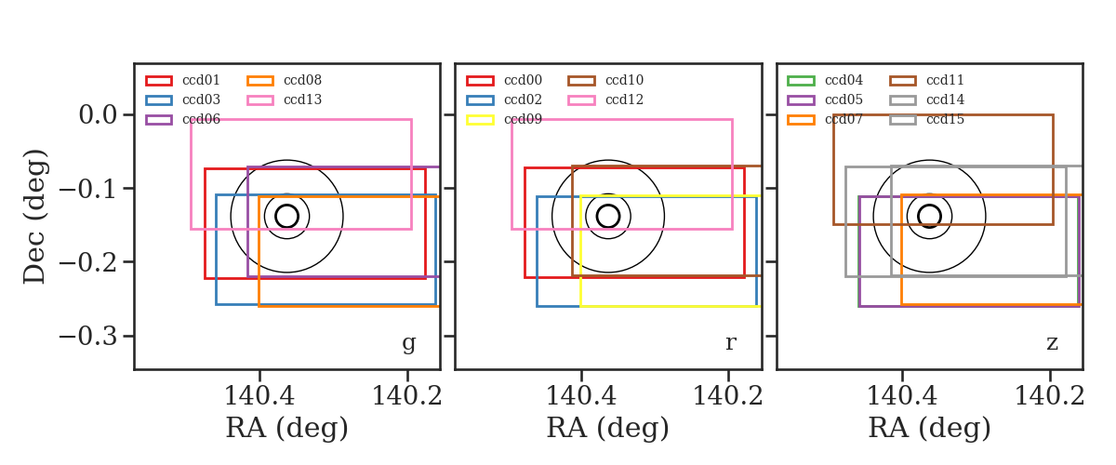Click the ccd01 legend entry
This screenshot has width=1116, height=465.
point(183,80)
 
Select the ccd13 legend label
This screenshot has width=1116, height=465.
point(302,100)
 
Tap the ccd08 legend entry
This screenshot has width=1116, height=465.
point(284,80)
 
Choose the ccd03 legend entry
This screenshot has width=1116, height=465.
point(183,100)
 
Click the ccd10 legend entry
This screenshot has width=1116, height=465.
point(605,80)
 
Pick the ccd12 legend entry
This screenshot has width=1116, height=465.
point(605,100)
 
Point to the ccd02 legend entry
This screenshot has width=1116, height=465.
point(504,100)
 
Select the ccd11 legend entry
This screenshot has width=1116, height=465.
point(926,80)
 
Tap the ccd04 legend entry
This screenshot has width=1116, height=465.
point(825,80)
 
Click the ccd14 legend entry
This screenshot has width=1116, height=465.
point(926,100)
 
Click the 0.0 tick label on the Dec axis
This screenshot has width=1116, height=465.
point(98,115)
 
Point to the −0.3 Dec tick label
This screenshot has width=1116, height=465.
point(87,337)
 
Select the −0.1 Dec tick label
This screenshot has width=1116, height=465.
point(87,189)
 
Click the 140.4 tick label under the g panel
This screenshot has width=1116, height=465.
point(259,396)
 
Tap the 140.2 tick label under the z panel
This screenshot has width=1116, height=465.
point(1050,396)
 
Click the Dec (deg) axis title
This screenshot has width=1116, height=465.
point(35,217)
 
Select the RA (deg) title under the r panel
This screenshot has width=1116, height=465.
point(608,428)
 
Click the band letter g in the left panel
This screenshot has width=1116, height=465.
point(408,343)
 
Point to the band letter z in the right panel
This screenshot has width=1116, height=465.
point(1052,343)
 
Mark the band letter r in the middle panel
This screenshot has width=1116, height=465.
point(730,343)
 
